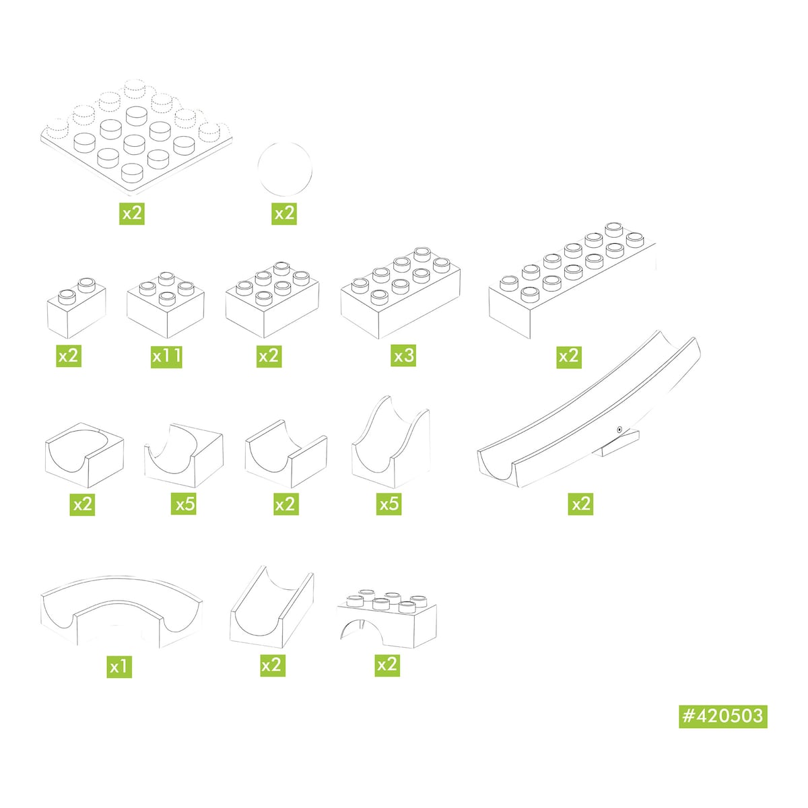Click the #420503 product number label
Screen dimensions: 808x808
coord(722,716)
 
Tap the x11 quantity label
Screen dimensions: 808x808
coord(166,356)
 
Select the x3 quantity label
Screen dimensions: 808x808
coord(403,355)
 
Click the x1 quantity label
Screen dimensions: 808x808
coord(119,666)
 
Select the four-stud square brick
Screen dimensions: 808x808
coord(166,305)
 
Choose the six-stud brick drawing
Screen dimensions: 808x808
coord(272,300)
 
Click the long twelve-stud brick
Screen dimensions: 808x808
coord(572,280)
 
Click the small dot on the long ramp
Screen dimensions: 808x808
coord(619,430)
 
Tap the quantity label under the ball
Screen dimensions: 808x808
coord(284,213)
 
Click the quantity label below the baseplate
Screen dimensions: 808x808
coord(132,213)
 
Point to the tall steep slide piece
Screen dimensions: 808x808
coord(391,442)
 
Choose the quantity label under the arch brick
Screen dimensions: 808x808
coord(387,665)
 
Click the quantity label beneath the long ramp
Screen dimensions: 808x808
coord(580,504)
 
